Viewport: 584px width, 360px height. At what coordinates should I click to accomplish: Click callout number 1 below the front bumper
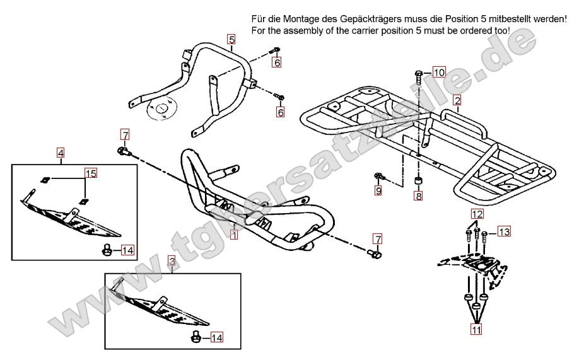(234, 236)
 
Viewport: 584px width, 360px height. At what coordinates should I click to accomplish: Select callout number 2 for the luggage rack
(457, 100)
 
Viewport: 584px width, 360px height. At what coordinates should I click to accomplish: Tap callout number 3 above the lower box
(171, 260)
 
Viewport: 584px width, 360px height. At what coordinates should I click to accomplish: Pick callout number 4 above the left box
(61, 152)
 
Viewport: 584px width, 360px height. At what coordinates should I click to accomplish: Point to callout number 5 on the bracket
(231, 39)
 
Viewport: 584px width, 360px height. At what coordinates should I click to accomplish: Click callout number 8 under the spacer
(418, 197)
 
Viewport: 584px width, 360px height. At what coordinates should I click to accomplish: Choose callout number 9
(378, 190)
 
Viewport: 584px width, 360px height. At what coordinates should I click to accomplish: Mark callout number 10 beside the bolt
(439, 71)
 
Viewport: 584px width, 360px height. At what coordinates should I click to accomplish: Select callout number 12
(476, 214)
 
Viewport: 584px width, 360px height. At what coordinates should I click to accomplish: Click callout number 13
(504, 232)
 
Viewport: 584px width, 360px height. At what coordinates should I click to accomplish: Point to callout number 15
(91, 173)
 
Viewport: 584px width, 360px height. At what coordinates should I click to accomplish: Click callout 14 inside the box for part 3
(216, 338)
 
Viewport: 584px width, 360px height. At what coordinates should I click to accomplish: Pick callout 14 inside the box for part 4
(127, 250)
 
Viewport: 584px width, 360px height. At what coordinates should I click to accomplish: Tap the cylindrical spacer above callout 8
(418, 182)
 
